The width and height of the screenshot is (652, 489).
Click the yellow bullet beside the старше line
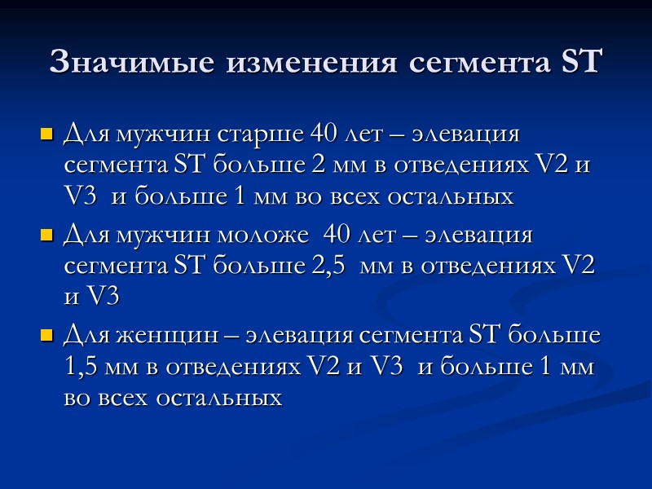[x=46, y=133]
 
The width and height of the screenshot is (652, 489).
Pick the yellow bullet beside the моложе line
[x=46, y=237]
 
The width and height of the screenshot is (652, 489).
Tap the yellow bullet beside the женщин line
[x=46, y=336]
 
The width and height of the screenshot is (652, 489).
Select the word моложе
[x=274, y=236]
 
